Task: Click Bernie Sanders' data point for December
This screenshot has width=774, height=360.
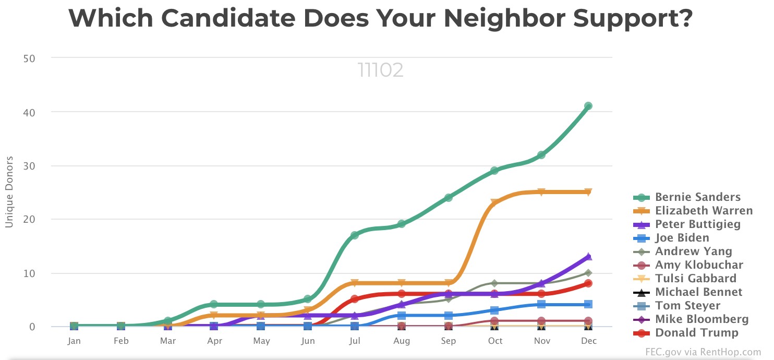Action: [588, 106]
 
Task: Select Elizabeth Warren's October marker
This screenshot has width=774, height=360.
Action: [494, 203]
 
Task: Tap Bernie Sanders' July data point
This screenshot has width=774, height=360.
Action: [355, 235]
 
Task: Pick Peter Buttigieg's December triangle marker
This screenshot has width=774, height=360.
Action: [588, 256]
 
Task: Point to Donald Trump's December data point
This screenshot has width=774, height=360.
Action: [588, 283]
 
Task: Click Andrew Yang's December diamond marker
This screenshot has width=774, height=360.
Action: [588, 273]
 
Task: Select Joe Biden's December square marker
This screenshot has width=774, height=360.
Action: [588, 305]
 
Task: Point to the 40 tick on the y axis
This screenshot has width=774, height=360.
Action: [29, 112]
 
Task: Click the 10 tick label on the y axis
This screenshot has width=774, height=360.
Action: [29, 273]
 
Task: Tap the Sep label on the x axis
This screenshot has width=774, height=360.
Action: [448, 341]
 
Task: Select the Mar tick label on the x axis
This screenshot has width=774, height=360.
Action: [168, 341]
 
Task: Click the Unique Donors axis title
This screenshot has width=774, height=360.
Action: [9, 191]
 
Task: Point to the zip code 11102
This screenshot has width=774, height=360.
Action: [380, 70]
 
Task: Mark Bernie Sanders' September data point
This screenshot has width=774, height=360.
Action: [448, 198]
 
